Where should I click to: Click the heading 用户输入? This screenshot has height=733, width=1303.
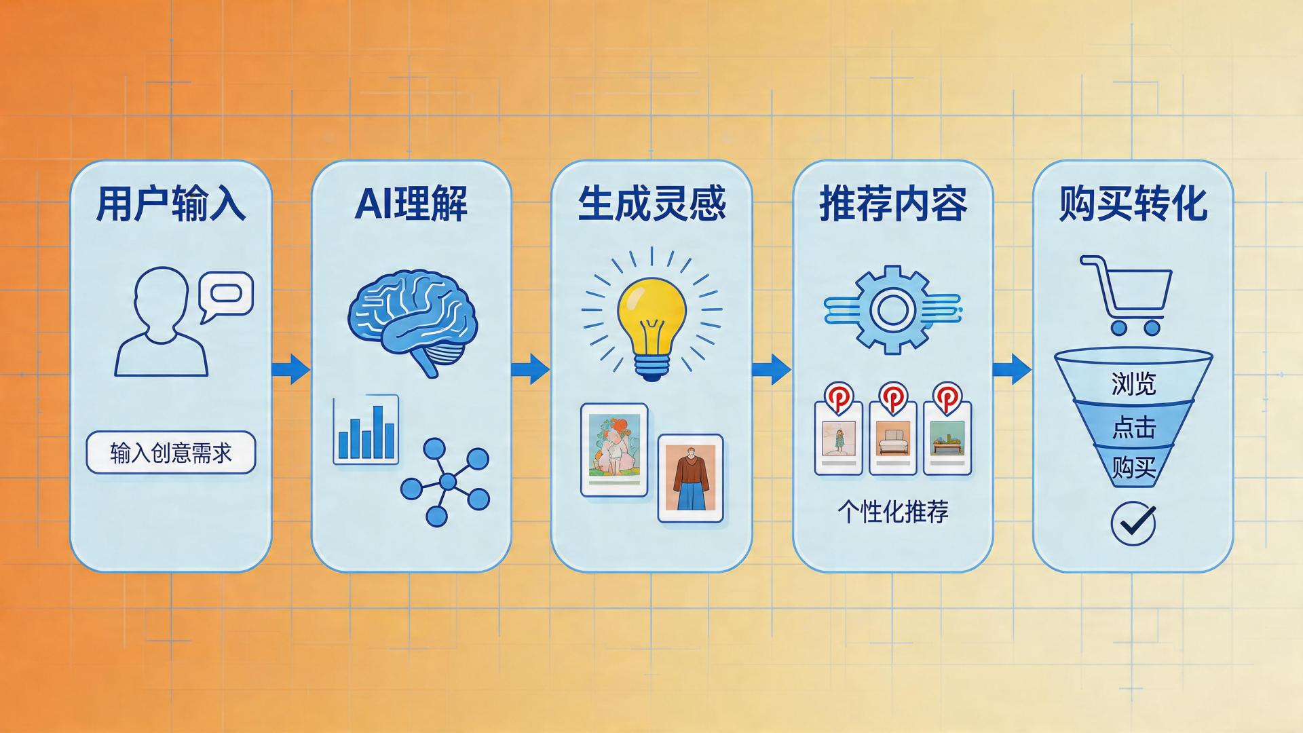coord(170,203)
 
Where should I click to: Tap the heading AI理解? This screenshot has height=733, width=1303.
coord(411,203)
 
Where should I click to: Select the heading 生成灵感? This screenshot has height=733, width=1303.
coord(652,203)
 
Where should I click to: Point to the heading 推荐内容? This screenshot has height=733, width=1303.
coord(893,203)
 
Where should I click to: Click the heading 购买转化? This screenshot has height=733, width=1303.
coord(1133,203)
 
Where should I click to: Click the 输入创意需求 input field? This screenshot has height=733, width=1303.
coord(171,453)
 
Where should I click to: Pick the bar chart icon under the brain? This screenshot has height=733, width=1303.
coord(366,430)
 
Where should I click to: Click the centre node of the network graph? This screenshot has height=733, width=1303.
coord(447,482)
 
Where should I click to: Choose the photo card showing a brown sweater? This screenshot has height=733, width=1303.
coord(691,478)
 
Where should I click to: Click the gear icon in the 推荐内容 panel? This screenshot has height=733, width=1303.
coord(892,309)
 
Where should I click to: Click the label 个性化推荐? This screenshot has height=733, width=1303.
coord(893,512)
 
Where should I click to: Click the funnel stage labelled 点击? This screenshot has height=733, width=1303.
coord(1133,426)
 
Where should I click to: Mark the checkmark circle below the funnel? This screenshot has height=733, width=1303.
coord(1133,523)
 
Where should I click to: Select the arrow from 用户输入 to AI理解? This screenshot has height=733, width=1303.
coord(290,369)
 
